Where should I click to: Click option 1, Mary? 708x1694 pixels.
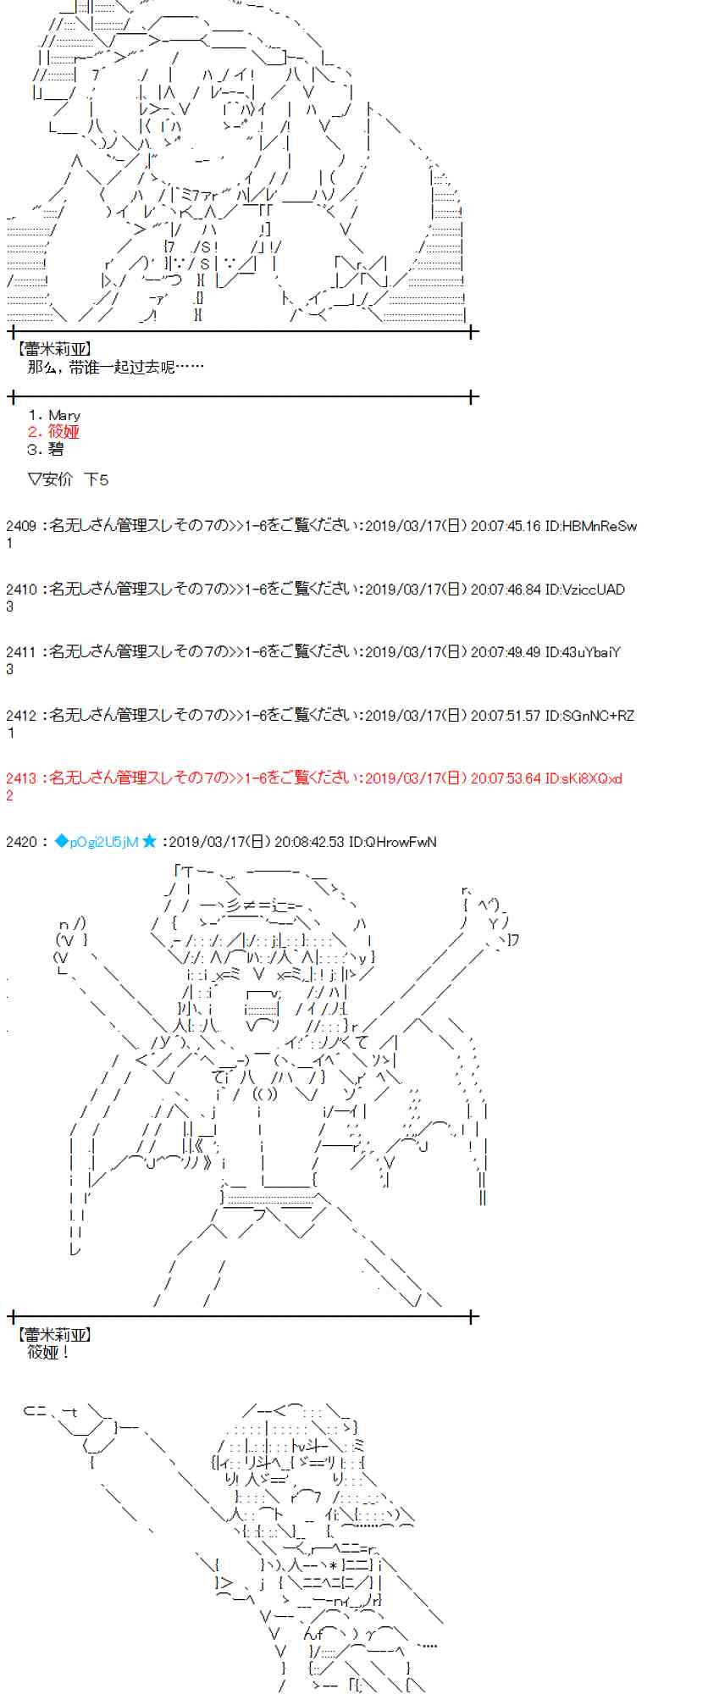[54, 415]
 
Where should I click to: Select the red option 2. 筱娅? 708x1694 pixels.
[53, 432]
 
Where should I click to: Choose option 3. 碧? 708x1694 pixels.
[46, 449]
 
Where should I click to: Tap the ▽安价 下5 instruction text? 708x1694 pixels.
[68, 479]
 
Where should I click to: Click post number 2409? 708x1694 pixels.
[20, 526]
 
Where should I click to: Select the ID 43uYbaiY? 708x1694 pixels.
[582, 652]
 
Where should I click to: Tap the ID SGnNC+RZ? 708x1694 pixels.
[590, 716]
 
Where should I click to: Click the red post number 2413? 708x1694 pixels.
[20, 778]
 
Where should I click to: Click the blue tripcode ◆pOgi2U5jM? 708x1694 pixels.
[96, 842]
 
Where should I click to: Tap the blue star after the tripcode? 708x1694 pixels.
[150, 842]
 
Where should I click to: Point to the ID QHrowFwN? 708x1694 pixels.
[393, 842]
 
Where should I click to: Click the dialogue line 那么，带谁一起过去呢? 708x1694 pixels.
[115, 367]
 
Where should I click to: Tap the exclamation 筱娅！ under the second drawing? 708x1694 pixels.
[48, 1352]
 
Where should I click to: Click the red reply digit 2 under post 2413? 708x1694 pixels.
[9, 795]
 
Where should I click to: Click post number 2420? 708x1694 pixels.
[20, 842]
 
